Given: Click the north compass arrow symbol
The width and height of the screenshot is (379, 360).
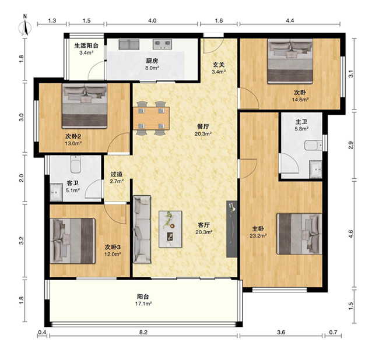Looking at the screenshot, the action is [25, 27].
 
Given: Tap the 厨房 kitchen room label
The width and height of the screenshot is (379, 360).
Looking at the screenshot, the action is [152, 61].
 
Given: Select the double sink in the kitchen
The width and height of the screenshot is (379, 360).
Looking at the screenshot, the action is [129, 45].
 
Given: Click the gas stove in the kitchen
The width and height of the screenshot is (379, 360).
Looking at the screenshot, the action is [162, 44].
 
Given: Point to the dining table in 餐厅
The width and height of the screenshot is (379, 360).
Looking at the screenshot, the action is [151, 118].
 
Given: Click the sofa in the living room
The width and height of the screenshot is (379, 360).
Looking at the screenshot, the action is [142, 229].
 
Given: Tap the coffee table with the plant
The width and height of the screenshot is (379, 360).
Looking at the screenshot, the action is [170, 229].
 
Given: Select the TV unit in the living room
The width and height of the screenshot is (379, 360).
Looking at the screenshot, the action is [232, 229].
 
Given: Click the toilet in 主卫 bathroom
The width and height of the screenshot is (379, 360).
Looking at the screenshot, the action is [313, 146].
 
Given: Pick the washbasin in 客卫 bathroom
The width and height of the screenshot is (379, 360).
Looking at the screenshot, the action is [56, 192].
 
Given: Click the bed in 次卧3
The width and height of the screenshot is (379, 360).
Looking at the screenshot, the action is [72, 241].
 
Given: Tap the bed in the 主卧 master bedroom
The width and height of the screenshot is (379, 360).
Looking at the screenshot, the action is [300, 234].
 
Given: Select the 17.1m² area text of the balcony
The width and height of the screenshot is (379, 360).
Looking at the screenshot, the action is [143, 303].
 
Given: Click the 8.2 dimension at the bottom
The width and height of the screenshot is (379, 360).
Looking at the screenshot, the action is [143, 333].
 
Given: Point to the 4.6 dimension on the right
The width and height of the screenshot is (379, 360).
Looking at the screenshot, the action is [350, 234].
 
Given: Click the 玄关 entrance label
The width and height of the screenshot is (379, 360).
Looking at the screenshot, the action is [219, 65].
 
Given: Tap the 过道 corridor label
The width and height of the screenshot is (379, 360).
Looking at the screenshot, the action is [117, 174].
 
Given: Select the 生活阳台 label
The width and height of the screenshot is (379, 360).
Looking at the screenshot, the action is [86, 45].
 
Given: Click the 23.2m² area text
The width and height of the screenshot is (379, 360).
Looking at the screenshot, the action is [258, 236].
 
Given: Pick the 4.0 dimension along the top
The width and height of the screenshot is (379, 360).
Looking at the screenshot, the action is [152, 21].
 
